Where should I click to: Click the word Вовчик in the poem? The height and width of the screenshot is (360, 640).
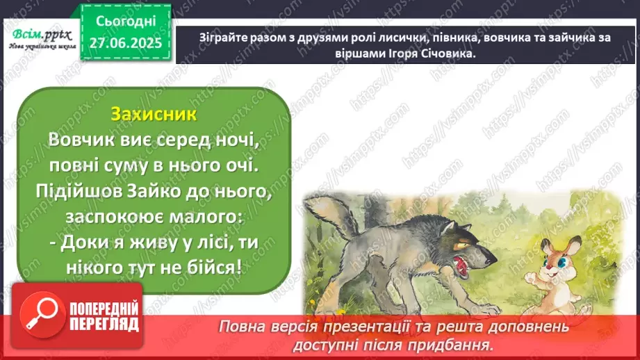(x=80, y=140)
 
